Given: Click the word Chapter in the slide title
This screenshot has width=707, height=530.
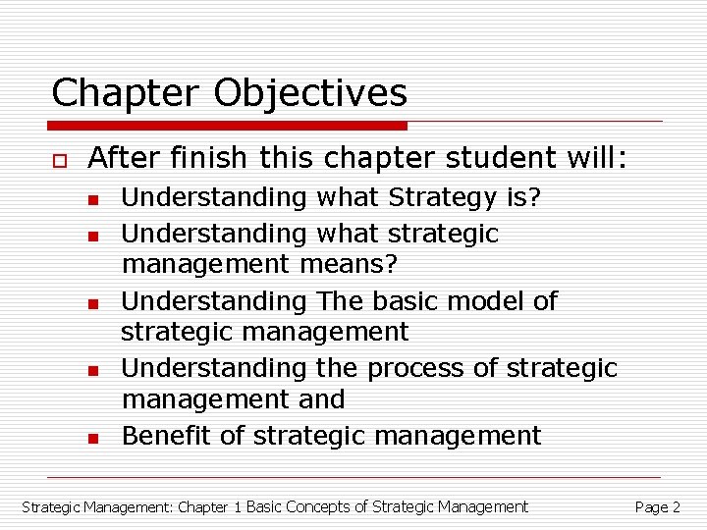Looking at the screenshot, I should point(126,93).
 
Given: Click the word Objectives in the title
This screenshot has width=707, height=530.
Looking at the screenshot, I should point(309,93).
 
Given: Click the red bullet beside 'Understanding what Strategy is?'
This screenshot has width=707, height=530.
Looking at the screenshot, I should point(91,200).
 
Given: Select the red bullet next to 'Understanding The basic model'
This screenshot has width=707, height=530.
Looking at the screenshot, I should point(91,303).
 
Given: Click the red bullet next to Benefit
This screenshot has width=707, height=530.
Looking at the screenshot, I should point(91,438).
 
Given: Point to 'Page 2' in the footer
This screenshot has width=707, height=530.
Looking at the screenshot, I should point(657,507).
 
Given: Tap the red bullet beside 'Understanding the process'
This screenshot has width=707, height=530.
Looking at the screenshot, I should point(91,370).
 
